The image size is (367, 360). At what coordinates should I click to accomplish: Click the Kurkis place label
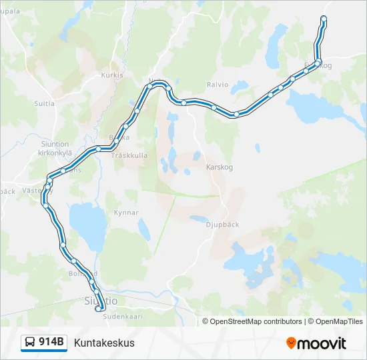(x=112, y=75)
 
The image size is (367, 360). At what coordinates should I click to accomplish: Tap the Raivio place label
(x=218, y=85)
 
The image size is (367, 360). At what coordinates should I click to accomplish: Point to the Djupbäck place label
(x=222, y=225)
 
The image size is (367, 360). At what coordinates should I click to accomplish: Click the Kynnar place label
(x=126, y=213)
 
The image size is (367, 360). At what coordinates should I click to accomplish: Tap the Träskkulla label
(x=129, y=155)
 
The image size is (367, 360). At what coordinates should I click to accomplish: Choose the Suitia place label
(x=44, y=103)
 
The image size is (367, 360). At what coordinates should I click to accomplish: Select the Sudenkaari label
(x=123, y=317)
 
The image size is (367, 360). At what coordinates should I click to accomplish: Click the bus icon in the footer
(x=30, y=343)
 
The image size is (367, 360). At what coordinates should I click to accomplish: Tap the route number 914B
(x=51, y=343)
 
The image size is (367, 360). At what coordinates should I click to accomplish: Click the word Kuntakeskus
(x=104, y=343)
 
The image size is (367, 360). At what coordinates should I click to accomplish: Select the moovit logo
(x=316, y=343)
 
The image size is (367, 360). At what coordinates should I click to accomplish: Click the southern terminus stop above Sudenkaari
(x=99, y=309)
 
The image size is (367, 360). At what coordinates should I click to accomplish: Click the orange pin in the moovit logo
(x=291, y=343)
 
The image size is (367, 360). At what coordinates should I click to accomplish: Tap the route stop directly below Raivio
(x=213, y=106)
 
